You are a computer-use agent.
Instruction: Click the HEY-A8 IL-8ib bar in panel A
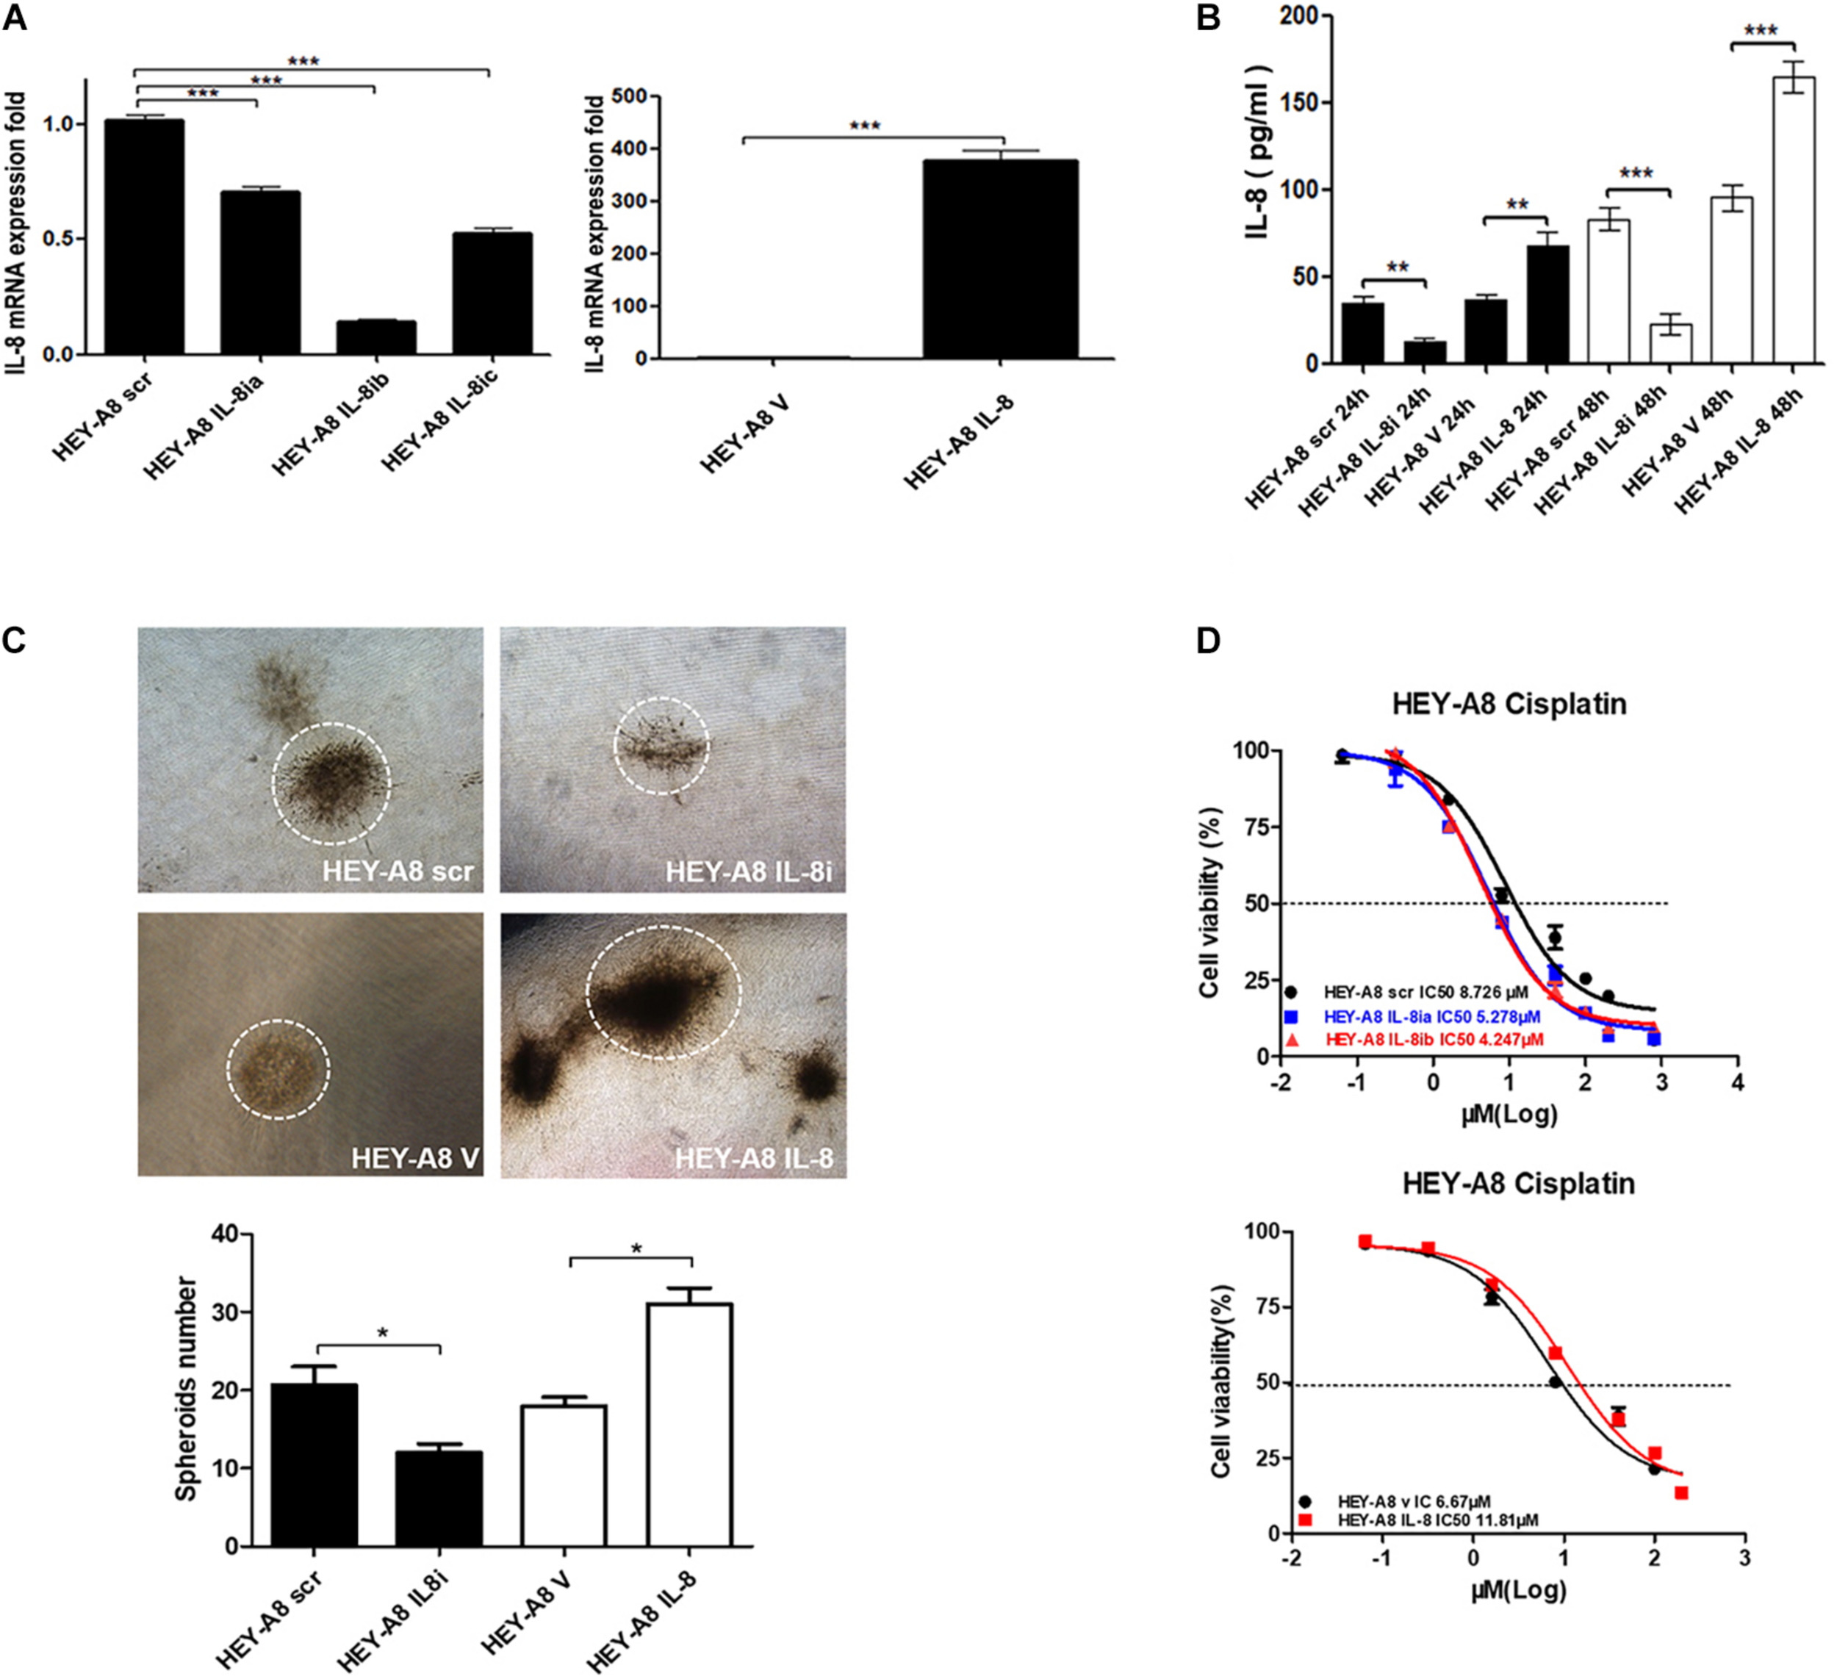(376, 337)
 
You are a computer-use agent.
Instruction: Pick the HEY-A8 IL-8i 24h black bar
(1424, 352)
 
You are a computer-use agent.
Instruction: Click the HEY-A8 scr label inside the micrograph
(398, 871)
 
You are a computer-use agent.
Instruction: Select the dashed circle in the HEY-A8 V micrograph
(278, 1068)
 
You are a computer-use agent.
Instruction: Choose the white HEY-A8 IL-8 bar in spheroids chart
(689, 1425)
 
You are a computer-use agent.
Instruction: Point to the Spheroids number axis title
(187, 1389)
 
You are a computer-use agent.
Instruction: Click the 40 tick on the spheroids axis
(223, 1234)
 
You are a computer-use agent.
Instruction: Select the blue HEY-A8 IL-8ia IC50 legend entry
(1431, 1015)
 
